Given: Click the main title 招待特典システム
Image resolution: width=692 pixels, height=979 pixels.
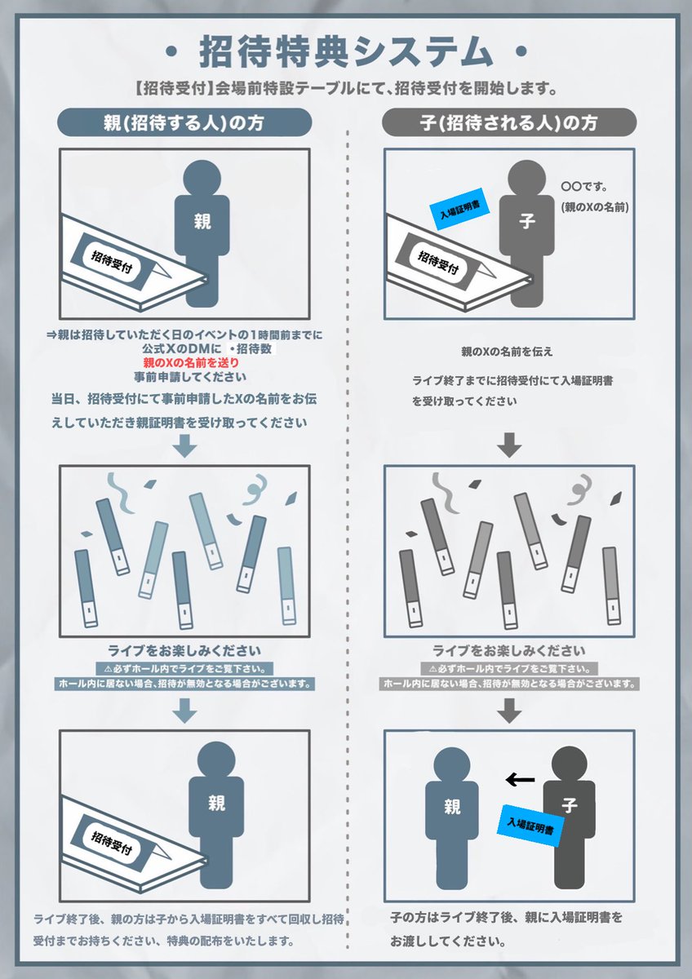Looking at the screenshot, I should coord(346,52).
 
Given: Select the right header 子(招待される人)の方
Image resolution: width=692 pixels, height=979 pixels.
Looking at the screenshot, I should coord(508,123).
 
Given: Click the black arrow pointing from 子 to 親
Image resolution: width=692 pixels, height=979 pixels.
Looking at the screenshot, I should coord(521,779).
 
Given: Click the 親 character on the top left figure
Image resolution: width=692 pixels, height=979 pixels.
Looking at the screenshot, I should coord(202,222).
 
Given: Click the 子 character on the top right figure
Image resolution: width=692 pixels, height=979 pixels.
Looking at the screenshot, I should coord(526,222).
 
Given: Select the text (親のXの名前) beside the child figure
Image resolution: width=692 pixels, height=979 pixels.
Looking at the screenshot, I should coord(595,207).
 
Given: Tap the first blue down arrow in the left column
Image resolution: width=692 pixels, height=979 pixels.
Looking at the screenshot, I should coord(186,446).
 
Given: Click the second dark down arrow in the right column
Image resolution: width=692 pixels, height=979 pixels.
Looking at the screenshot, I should coord(510,712).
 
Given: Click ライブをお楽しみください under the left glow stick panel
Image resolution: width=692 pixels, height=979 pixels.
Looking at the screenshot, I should coord(186,651).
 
